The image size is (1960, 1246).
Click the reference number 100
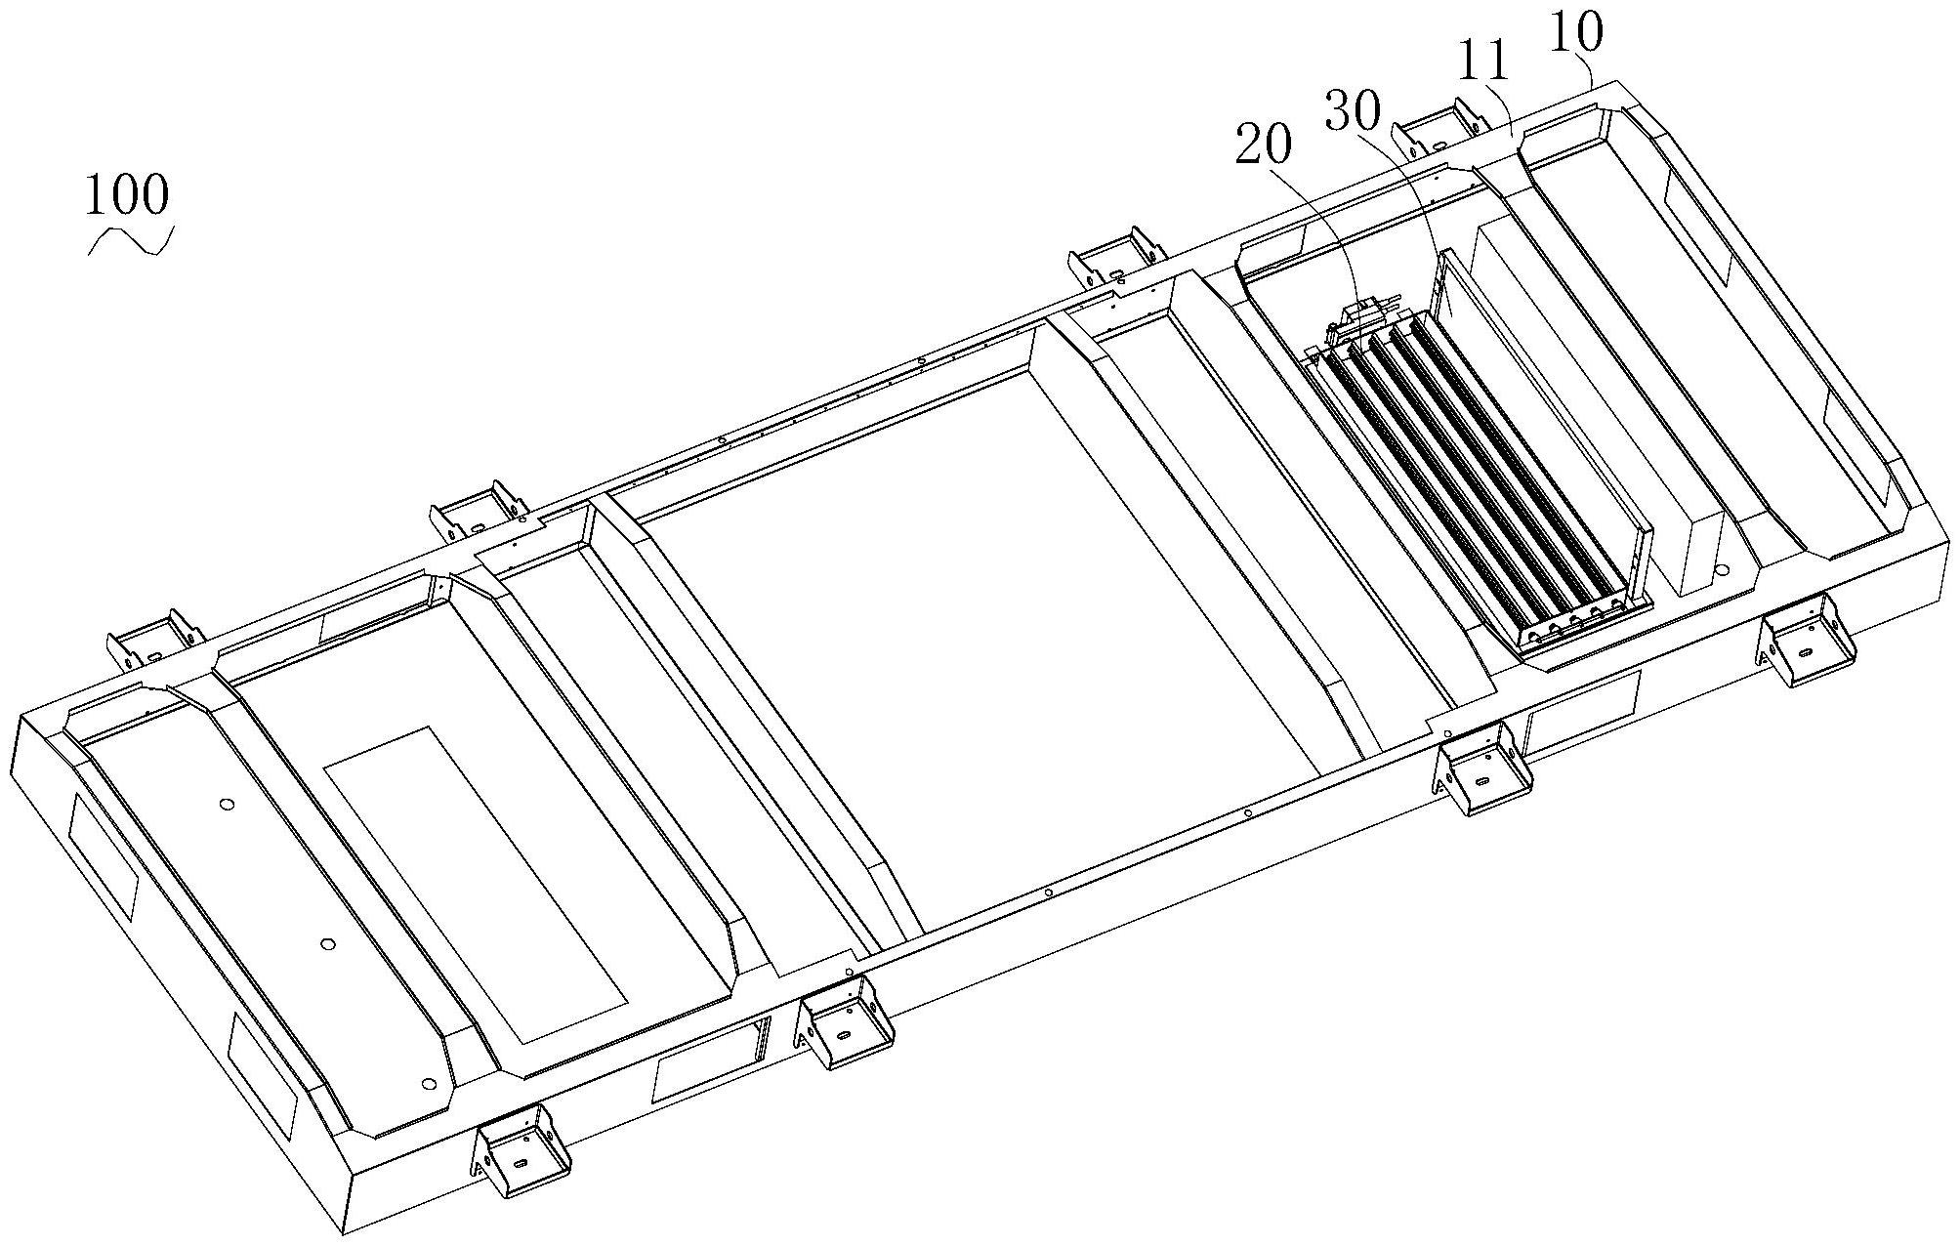(127, 194)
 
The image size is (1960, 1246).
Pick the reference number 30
(1353, 111)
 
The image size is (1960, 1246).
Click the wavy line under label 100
(131, 241)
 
